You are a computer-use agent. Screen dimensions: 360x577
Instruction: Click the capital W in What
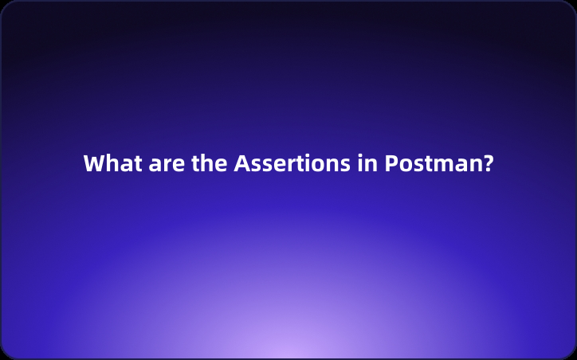pos(94,164)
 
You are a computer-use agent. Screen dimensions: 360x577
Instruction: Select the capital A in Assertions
pos(241,164)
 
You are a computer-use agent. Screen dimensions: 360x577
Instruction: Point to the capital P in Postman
pos(391,164)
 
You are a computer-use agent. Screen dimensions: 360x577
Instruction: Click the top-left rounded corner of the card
pos(5,5)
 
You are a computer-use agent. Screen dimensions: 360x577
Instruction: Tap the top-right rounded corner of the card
pos(571,5)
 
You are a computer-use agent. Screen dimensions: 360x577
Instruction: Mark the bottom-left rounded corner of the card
pos(5,354)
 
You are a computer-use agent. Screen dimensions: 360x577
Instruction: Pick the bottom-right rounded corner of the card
pos(571,354)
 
